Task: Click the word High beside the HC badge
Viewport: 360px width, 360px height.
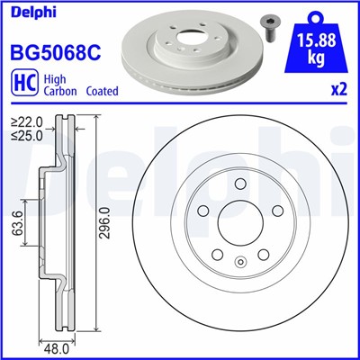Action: click(x=53, y=79)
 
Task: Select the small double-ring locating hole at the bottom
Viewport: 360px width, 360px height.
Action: click(x=239, y=263)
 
